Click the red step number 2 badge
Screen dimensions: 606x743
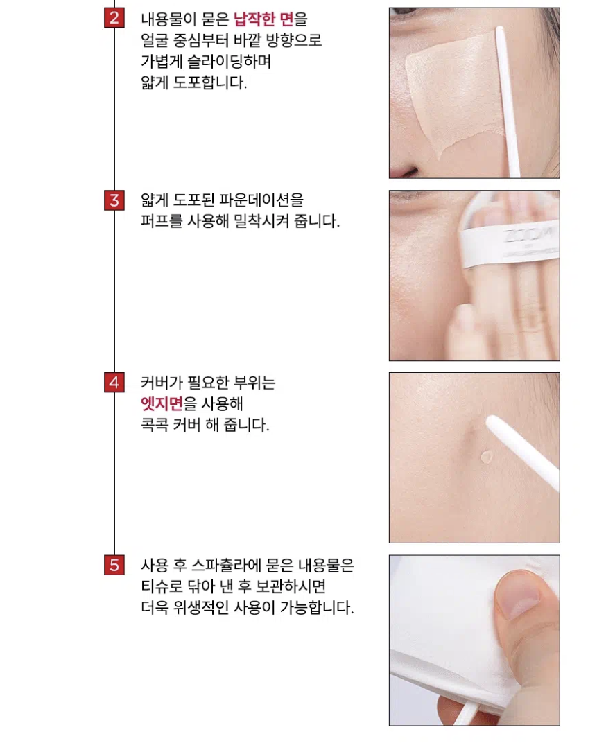(x=114, y=18)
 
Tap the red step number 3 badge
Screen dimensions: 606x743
(x=114, y=200)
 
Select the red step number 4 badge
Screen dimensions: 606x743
(x=114, y=383)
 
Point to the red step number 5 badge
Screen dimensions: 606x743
(x=114, y=565)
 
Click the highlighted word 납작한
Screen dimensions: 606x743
(x=254, y=19)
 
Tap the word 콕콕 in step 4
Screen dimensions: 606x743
(x=155, y=425)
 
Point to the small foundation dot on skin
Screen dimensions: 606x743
(x=487, y=456)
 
